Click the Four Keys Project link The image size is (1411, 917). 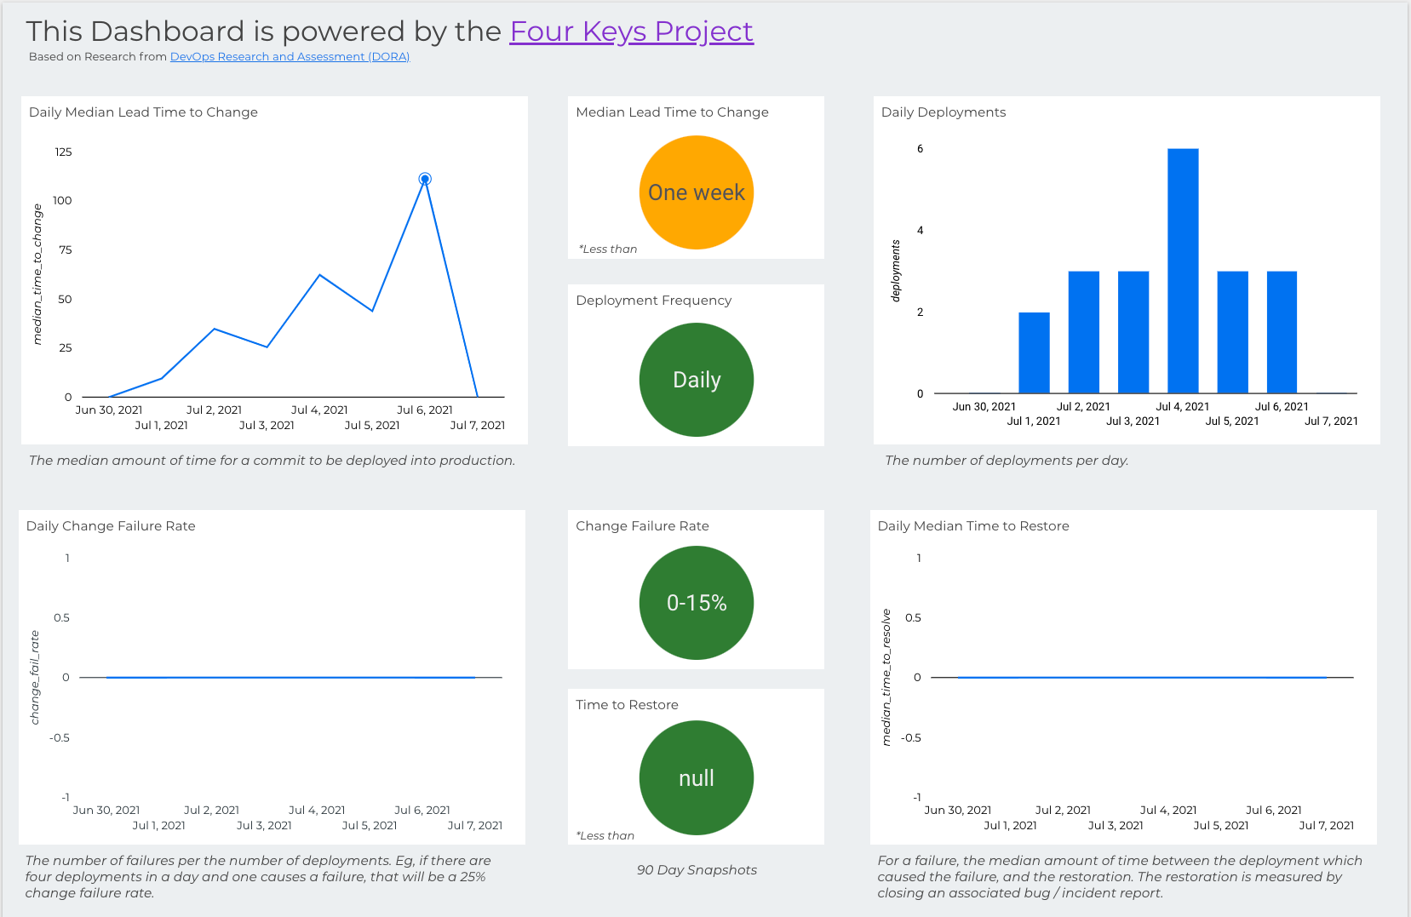click(x=631, y=32)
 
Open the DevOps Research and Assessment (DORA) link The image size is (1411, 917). click(x=290, y=57)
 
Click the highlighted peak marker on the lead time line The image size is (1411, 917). click(x=425, y=179)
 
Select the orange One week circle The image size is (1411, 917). click(x=696, y=192)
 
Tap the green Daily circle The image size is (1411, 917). click(x=696, y=380)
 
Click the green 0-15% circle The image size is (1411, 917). click(x=696, y=603)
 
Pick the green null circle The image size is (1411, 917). click(x=696, y=778)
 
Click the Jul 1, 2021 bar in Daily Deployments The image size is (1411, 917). click(x=1034, y=352)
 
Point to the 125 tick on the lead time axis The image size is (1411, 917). click(x=64, y=152)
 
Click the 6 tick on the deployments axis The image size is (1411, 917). click(x=920, y=149)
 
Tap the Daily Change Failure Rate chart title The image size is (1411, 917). click(x=111, y=526)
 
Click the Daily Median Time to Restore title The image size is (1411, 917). click(x=973, y=526)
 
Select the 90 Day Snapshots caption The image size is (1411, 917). click(x=697, y=870)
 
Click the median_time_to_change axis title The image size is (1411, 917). click(x=37, y=274)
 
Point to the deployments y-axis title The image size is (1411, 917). click(x=896, y=271)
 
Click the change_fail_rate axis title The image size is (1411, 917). click(x=35, y=678)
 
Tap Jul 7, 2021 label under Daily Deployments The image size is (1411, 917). click(x=1331, y=421)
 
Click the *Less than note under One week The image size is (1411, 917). click(x=608, y=249)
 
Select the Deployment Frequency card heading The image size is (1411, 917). click(x=653, y=301)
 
